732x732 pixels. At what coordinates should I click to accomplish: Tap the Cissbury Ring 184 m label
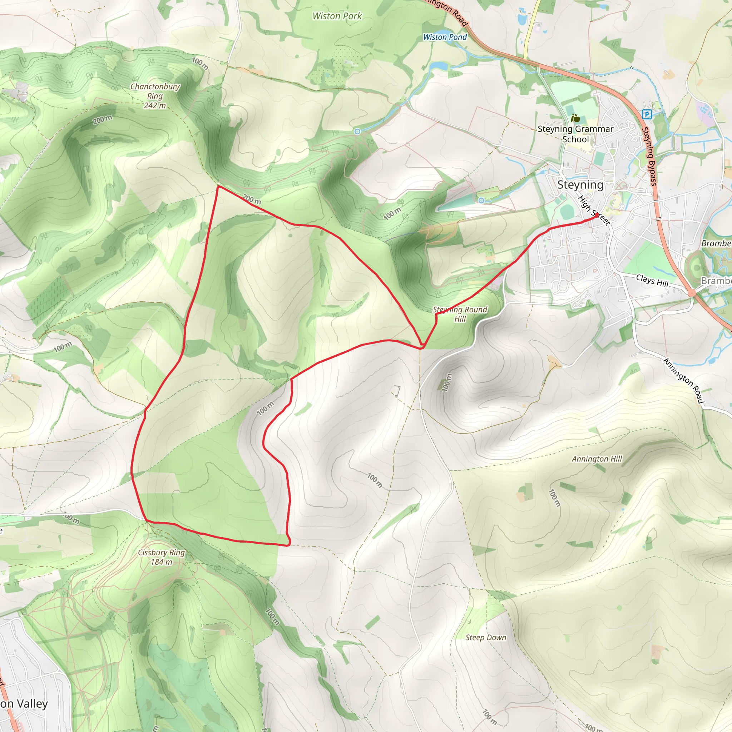[162, 557]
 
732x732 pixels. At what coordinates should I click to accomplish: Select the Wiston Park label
[337, 16]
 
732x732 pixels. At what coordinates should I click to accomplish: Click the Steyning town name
[580, 185]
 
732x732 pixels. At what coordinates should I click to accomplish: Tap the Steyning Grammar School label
[575, 134]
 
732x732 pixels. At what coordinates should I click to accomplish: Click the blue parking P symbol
[647, 114]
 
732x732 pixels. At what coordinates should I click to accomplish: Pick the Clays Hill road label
[652, 281]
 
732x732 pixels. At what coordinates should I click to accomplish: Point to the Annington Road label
[683, 381]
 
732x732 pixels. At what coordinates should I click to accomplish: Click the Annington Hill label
[597, 459]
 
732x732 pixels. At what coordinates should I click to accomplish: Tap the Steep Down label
[486, 638]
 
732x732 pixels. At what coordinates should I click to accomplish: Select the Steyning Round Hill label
[460, 314]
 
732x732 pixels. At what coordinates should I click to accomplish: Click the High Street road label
[594, 211]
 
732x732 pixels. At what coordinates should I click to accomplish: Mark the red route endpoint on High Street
[597, 215]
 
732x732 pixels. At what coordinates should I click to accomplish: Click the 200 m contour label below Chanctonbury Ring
[103, 120]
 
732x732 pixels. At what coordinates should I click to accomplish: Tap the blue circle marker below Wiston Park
[357, 132]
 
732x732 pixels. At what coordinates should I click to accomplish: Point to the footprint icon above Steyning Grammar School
[575, 118]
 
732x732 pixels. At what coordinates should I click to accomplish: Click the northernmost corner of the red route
[218, 187]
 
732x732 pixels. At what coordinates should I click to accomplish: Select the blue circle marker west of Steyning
[481, 201]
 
